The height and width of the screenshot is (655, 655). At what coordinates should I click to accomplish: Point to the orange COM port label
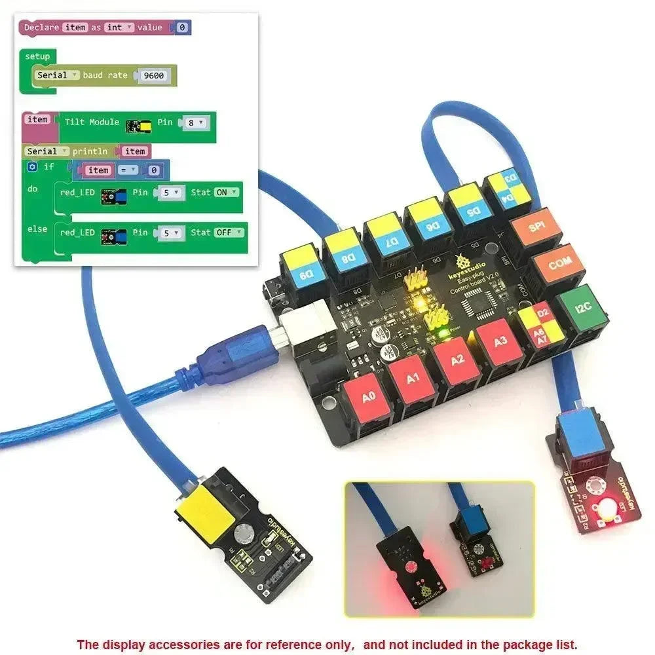[x=559, y=265]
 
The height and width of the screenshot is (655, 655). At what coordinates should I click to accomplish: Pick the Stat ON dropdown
[x=226, y=193]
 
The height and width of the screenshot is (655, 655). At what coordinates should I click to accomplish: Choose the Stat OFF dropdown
[x=229, y=233]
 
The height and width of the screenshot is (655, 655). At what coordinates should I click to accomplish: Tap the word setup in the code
[x=37, y=57]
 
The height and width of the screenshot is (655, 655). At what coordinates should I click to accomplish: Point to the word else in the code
[x=37, y=229]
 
